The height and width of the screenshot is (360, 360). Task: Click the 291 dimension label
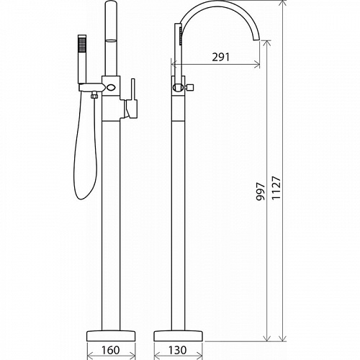pyautogui.click(x=221, y=57)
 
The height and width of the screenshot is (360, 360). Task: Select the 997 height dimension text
pyautogui.click(x=261, y=192)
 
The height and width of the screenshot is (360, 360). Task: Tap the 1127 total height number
pyautogui.click(x=276, y=188)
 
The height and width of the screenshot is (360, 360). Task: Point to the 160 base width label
pyautogui.click(x=110, y=350)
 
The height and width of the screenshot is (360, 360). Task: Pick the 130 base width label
pyautogui.click(x=177, y=350)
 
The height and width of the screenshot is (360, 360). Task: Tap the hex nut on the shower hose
pyautogui.click(x=94, y=96)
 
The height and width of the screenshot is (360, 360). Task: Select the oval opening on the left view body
pyautogui.click(x=111, y=86)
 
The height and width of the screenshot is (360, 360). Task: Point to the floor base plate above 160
pyautogui.click(x=111, y=336)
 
